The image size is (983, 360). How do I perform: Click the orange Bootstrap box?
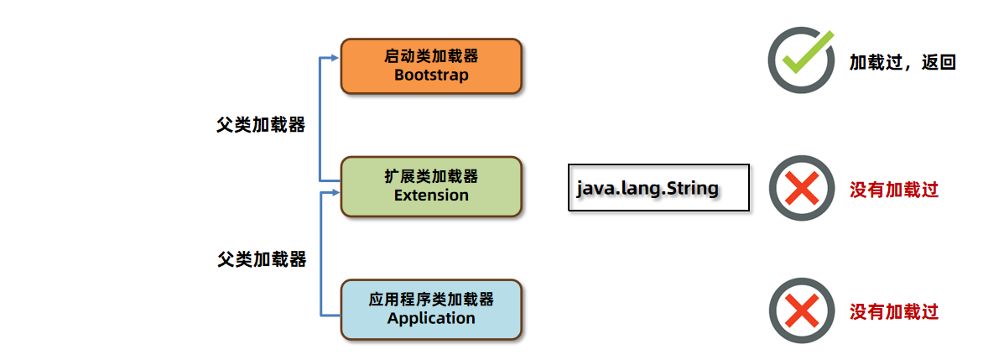pos(431,65)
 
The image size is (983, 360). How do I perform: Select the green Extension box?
pos(431,186)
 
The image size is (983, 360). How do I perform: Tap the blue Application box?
pos(431,309)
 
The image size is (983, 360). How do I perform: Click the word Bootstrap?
pos(431,75)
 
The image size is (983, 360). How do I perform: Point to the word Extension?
pos(431,196)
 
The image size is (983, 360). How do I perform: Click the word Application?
pos(431,319)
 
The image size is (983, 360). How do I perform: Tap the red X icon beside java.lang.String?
pos(802,188)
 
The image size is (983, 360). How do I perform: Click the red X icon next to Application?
pos(802,310)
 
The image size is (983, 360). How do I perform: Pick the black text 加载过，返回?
pos(902,62)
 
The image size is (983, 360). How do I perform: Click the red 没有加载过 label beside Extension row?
pos(893,190)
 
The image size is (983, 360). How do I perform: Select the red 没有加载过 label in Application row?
pos(893,312)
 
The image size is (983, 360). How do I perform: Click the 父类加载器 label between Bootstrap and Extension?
pos(261,125)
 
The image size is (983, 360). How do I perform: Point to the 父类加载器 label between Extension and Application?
pos(262,259)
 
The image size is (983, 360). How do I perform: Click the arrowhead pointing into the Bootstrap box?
pos(335,58)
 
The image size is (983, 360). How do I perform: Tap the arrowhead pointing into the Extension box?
pos(335,193)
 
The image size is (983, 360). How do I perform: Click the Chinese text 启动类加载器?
pos(431,56)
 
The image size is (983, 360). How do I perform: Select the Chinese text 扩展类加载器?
pos(431,176)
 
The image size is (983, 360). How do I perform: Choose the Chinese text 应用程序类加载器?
pos(431,300)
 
